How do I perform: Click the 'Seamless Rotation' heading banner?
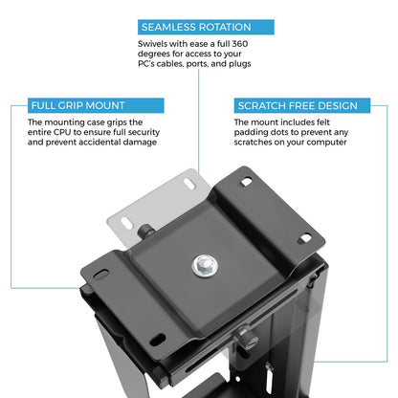[x=206, y=27]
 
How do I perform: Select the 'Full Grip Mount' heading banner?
[x=96, y=105]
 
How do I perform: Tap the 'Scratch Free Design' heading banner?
[x=302, y=105]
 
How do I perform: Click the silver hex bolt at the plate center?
[x=205, y=265]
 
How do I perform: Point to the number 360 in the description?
[x=240, y=44]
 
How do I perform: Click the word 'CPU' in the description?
[x=62, y=132]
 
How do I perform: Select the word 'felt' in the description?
[x=323, y=122]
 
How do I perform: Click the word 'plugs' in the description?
[x=240, y=64]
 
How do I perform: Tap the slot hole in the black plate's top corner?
[x=246, y=182]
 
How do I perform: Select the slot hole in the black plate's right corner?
[x=304, y=238]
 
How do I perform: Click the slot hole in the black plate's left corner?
[x=101, y=275]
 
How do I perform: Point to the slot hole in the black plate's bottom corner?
[x=157, y=339]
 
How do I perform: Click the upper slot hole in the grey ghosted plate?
[x=189, y=184]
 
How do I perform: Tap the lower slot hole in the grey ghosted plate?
[x=126, y=223]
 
